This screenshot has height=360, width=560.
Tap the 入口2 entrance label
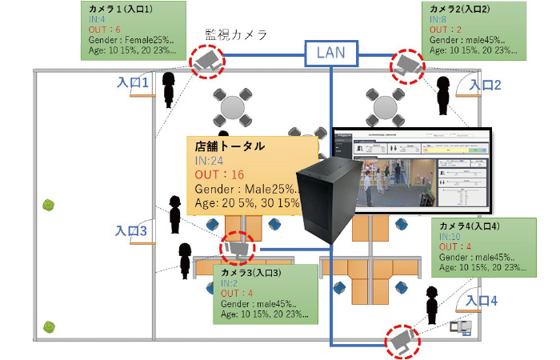point(485,85)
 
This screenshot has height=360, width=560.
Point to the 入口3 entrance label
point(130,230)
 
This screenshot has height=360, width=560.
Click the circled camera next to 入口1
point(207,62)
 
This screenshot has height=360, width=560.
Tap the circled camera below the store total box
point(238,249)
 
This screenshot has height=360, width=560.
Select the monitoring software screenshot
point(410,168)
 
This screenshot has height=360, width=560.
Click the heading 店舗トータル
point(230,148)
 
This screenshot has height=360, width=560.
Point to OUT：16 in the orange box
point(220,174)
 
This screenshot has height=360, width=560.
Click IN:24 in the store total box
point(211,161)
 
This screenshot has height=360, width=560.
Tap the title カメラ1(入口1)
point(121,7)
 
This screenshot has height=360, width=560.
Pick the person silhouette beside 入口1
point(169,90)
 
